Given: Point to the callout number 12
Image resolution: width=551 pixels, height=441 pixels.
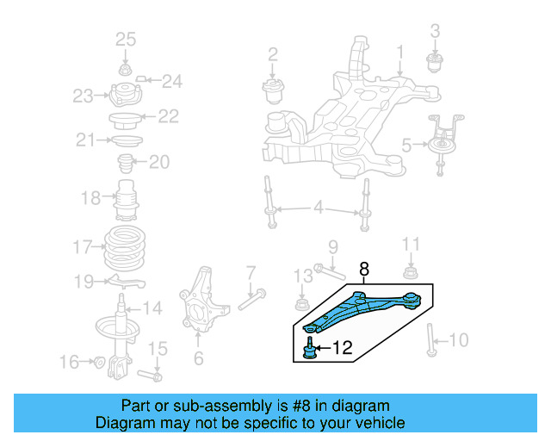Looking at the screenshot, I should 342,349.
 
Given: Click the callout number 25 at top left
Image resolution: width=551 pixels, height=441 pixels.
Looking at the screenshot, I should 126,39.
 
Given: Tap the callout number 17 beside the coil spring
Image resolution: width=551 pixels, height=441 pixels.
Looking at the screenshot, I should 82,247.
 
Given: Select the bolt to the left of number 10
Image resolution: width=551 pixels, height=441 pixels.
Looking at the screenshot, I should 430,340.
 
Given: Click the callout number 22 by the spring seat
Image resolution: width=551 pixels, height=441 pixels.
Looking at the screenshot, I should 167,115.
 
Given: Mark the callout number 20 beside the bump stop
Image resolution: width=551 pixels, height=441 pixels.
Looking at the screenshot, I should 160,161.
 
